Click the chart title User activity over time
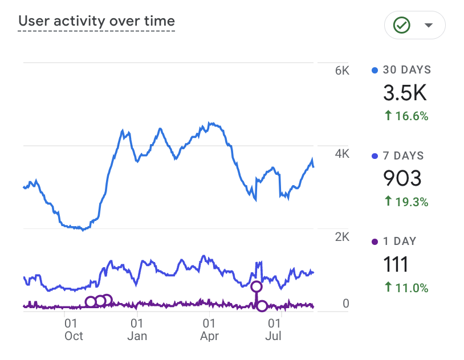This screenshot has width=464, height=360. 96,22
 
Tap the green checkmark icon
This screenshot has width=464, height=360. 402,25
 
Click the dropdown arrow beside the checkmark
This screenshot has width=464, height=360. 429,25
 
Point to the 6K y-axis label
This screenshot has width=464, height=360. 342,71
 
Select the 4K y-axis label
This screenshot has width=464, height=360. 342,154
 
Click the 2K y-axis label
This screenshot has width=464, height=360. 342,237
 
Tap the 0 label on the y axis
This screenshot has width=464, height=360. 345,304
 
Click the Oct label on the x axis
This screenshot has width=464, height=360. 74,336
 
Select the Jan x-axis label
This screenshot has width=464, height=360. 137,336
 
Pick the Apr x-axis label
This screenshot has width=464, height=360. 210,336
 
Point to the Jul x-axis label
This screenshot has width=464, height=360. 274,336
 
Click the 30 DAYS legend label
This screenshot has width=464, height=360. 406,70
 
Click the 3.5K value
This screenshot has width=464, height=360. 405,93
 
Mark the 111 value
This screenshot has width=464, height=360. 396,264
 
